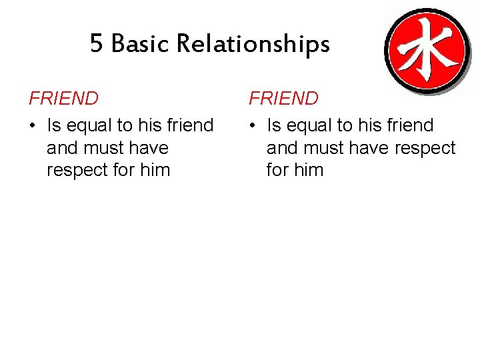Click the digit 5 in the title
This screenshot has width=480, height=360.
click(x=97, y=44)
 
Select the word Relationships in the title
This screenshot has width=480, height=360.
click(x=253, y=44)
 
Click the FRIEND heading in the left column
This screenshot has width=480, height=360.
click(x=64, y=99)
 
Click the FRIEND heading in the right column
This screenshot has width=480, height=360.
click(x=284, y=99)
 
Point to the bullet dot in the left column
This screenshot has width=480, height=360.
click(x=33, y=126)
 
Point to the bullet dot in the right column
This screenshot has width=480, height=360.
click(x=253, y=126)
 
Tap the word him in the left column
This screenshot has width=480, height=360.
click(x=155, y=170)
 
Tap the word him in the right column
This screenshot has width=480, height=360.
click(x=308, y=170)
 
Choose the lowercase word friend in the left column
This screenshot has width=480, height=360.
click(x=189, y=125)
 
